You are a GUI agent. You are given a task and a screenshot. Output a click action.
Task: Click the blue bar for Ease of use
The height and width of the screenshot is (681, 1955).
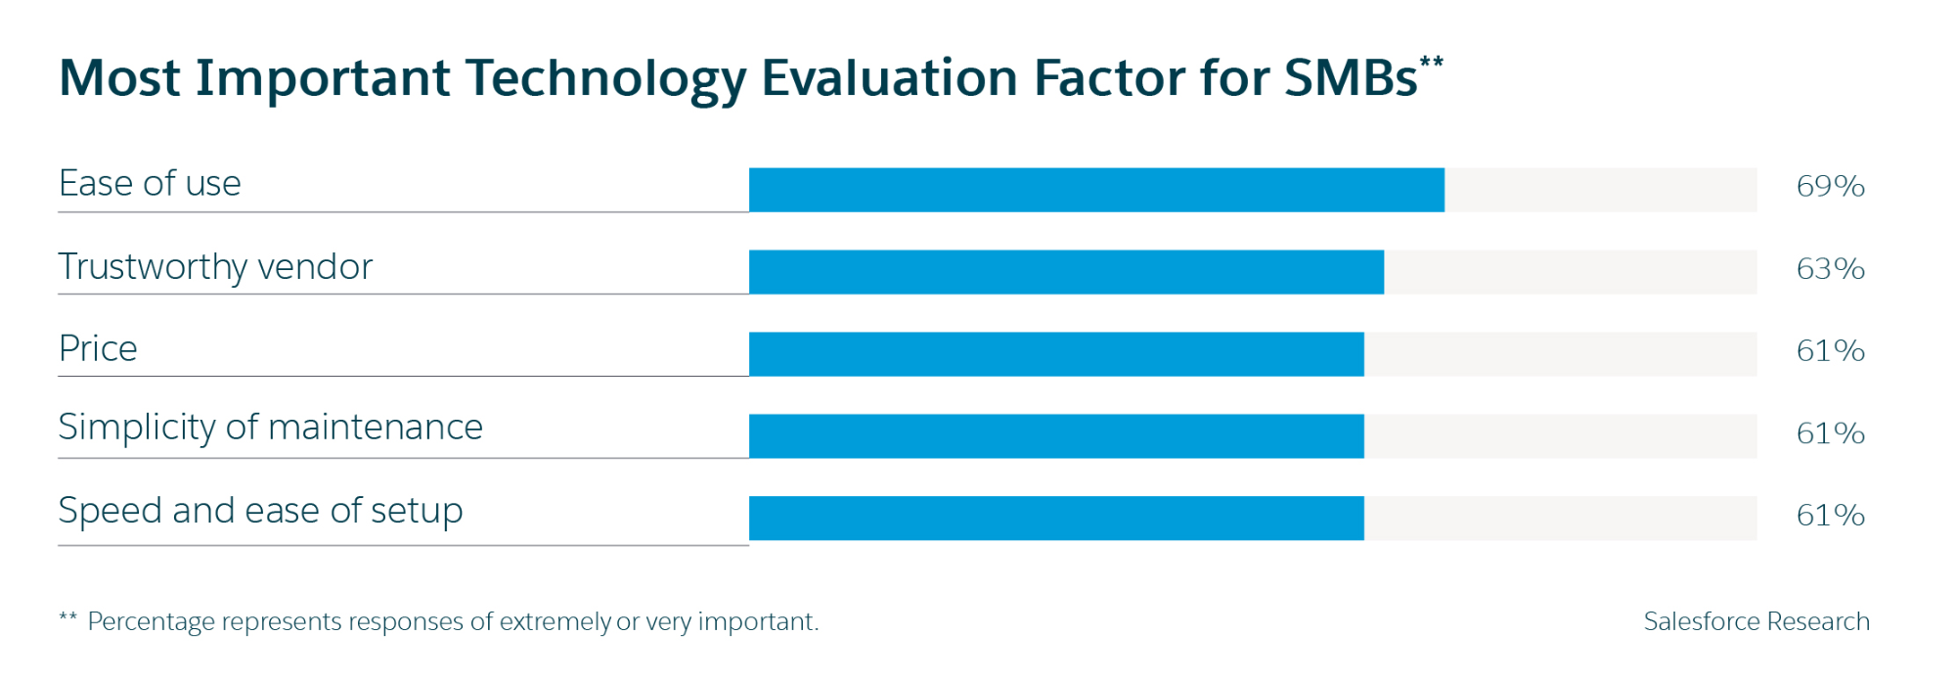click(1095, 190)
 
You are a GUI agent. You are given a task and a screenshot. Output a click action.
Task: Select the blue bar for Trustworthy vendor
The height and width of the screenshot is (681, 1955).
click(1066, 272)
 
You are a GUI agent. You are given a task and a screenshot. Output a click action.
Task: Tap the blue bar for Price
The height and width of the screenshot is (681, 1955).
click(1056, 354)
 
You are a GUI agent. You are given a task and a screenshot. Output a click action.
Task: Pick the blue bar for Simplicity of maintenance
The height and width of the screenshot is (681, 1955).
click(1056, 436)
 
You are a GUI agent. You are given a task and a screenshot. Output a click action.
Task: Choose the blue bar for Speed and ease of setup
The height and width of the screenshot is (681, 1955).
click(1056, 519)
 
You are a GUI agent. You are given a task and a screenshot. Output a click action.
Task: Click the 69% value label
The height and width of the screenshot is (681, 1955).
click(1830, 186)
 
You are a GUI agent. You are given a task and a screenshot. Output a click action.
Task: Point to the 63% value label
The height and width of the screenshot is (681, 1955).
click(1830, 268)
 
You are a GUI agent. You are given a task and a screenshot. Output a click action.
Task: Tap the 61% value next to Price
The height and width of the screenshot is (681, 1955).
click(1830, 350)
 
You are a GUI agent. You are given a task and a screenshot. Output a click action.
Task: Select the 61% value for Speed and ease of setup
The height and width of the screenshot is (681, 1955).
click(1830, 515)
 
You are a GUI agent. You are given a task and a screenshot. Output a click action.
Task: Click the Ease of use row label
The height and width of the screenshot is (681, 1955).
click(150, 184)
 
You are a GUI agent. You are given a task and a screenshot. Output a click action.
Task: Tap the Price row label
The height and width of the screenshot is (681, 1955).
click(98, 349)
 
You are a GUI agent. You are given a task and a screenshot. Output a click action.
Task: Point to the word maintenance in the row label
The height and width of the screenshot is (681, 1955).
click(376, 428)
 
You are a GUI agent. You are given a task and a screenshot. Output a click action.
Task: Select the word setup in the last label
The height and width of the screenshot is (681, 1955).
click(417, 512)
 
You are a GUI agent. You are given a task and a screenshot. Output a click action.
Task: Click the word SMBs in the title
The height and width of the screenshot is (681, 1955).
click(1351, 78)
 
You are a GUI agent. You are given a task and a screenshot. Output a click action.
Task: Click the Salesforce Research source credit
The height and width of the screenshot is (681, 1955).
click(1755, 621)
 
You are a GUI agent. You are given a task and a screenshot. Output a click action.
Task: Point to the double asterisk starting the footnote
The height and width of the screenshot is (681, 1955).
click(67, 618)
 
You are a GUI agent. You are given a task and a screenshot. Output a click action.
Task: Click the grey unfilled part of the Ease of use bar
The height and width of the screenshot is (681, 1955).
click(1600, 190)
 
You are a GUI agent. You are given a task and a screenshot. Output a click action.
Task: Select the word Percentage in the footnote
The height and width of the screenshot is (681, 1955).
click(151, 622)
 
